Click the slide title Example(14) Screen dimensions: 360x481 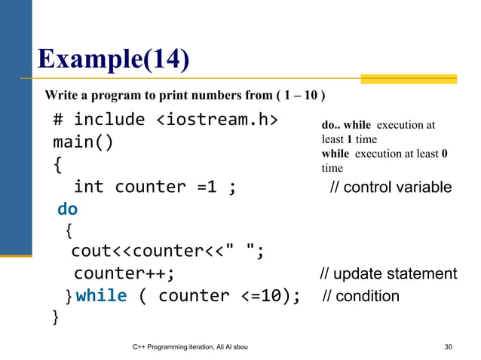click(x=112, y=57)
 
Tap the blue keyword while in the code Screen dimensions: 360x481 click(x=101, y=295)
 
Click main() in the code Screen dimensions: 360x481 click(x=83, y=142)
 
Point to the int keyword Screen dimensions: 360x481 click(x=88, y=187)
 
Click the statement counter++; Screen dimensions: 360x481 click(x=124, y=273)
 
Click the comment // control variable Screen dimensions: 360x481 click(x=391, y=187)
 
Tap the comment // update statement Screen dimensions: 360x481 click(x=388, y=273)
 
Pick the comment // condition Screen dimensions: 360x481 click(x=361, y=296)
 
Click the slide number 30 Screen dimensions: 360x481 click(x=449, y=346)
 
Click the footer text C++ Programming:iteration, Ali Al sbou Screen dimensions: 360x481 click(x=191, y=346)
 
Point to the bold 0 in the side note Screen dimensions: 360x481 click(x=445, y=154)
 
